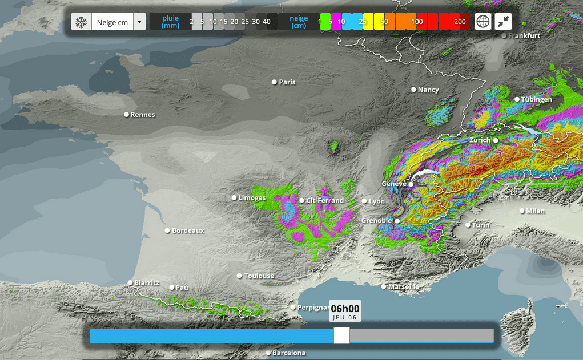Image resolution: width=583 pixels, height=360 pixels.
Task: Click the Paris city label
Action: [x=287, y=82]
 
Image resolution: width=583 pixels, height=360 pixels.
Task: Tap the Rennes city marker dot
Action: [x=127, y=115]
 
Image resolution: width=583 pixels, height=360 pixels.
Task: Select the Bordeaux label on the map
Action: [x=188, y=230]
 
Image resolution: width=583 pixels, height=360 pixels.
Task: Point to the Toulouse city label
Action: [x=259, y=276]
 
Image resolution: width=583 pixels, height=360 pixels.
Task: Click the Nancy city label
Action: [x=428, y=90]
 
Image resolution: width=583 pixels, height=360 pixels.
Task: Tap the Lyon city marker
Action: [x=364, y=201]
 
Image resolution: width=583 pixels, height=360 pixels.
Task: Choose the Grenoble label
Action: [x=377, y=220]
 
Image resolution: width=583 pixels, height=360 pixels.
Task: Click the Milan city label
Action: [x=536, y=211]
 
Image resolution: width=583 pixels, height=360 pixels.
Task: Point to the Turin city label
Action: [x=481, y=225]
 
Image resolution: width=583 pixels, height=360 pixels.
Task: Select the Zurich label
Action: [x=480, y=140]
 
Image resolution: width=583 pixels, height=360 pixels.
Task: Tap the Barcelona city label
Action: [x=288, y=353]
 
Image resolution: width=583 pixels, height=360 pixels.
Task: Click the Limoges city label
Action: [x=252, y=198]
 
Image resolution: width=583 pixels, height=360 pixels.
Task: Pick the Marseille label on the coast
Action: [x=404, y=286]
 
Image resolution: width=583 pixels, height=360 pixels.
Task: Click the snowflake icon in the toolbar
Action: [x=81, y=22]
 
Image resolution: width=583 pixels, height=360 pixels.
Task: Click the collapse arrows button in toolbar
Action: [x=504, y=22]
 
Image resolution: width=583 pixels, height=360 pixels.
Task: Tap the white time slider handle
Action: [x=341, y=335]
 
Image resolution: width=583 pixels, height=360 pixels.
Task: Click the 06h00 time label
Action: [x=345, y=309]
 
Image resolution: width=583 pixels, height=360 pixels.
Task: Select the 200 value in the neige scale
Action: [x=460, y=22]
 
